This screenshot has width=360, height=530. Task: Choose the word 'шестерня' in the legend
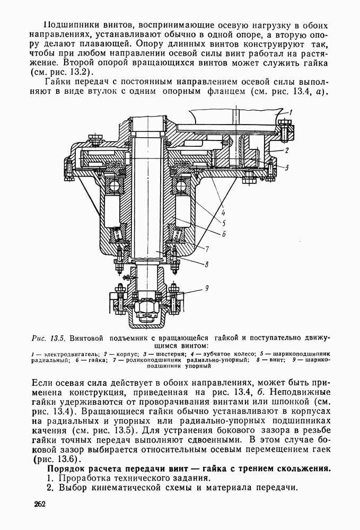(x=159, y=352)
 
